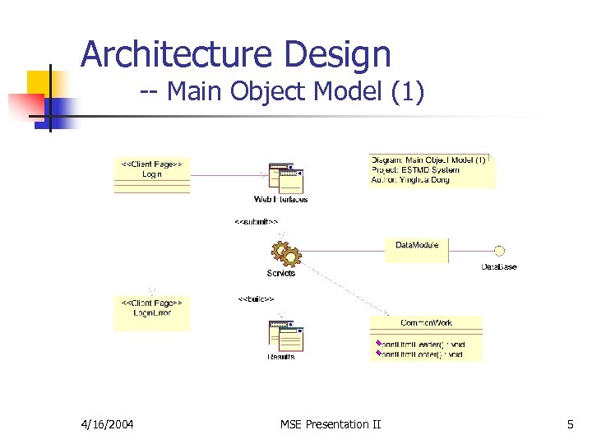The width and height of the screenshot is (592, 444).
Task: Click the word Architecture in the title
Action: [x=176, y=55]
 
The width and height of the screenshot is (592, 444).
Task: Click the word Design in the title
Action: [x=337, y=55]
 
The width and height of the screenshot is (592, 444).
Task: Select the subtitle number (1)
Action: [x=408, y=92]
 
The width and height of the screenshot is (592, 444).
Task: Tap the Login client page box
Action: [x=152, y=173]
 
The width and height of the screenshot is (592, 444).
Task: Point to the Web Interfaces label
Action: [x=281, y=200]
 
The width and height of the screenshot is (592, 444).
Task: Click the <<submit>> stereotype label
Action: [x=257, y=221]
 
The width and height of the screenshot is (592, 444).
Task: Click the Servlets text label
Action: [x=281, y=273]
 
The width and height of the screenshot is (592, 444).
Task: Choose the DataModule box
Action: [x=417, y=249]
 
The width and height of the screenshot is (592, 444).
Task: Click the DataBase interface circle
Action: [x=498, y=251]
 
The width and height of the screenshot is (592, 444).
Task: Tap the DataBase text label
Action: [x=499, y=267]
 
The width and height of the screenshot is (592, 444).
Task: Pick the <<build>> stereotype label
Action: [x=256, y=298]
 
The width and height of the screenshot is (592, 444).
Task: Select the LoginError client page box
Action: [x=152, y=312]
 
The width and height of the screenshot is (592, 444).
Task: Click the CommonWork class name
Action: [x=426, y=322]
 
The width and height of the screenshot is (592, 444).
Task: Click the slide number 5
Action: [x=570, y=424]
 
